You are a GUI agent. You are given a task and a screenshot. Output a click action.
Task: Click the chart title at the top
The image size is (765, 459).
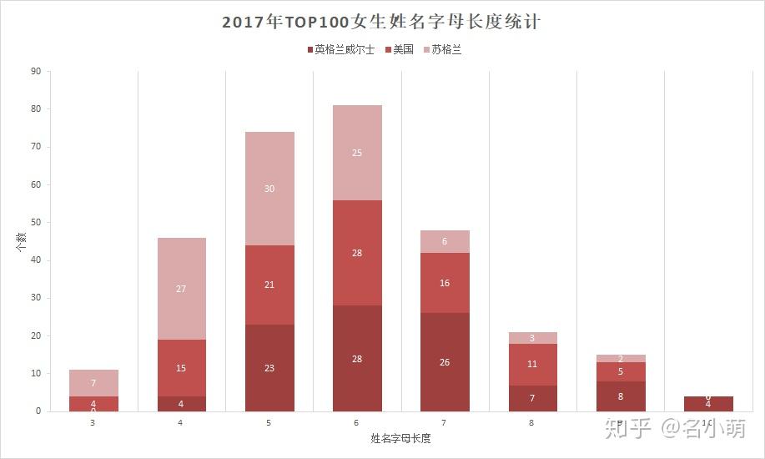(382, 22)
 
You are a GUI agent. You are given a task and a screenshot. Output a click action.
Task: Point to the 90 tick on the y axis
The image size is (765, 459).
(35, 72)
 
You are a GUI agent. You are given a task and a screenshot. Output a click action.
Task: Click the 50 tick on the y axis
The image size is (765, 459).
(35, 223)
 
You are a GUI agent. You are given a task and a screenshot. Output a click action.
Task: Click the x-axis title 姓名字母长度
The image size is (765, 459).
(400, 438)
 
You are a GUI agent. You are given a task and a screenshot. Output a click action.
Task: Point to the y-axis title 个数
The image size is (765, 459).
(21, 241)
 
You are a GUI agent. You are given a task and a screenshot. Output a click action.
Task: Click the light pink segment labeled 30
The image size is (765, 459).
(269, 189)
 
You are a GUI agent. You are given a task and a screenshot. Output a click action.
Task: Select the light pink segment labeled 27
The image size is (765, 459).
(181, 289)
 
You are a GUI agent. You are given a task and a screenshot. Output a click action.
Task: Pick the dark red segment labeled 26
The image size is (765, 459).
(445, 362)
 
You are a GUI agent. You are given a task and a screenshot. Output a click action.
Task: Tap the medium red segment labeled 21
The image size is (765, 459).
(269, 285)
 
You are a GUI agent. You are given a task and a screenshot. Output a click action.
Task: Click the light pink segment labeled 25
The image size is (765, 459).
(357, 153)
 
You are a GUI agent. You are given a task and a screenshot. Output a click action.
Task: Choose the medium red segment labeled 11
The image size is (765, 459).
(532, 364)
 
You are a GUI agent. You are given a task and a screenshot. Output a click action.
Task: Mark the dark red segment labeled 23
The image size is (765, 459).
(269, 368)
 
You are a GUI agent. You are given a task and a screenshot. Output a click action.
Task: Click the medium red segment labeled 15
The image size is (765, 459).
(181, 368)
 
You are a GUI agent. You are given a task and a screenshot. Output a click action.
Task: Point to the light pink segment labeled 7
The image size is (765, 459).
(93, 383)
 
